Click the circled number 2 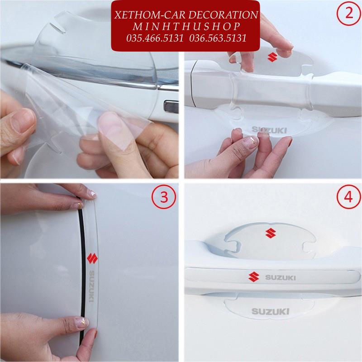pyautogui.click(x=348, y=13)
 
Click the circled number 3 pyautogui.click(x=164, y=197)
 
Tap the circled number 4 pyautogui.click(x=348, y=197)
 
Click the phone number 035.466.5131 pyautogui.click(x=155, y=38)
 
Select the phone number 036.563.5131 pyautogui.click(x=218, y=38)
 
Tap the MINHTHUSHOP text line pyautogui.click(x=186, y=27)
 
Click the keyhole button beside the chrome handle pyautogui.click(x=171, y=106)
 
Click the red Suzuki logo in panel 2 pyautogui.click(x=272, y=57)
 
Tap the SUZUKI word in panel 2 pyautogui.click(x=269, y=130)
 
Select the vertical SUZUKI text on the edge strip pyautogui.click(x=92, y=286)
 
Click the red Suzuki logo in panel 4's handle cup pyautogui.click(x=271, y=233)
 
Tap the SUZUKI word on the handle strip pyautogui.click(x=280, y=277)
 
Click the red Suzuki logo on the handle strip pyautogui.click(x=254, y=277)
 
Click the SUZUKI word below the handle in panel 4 pyautogui.click(x=270, y=311)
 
